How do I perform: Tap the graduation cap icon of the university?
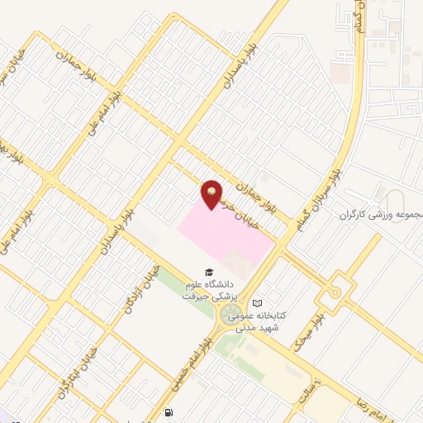click(209, 273)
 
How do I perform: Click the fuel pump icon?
click(169, 412)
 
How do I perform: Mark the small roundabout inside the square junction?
click(335, 292)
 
